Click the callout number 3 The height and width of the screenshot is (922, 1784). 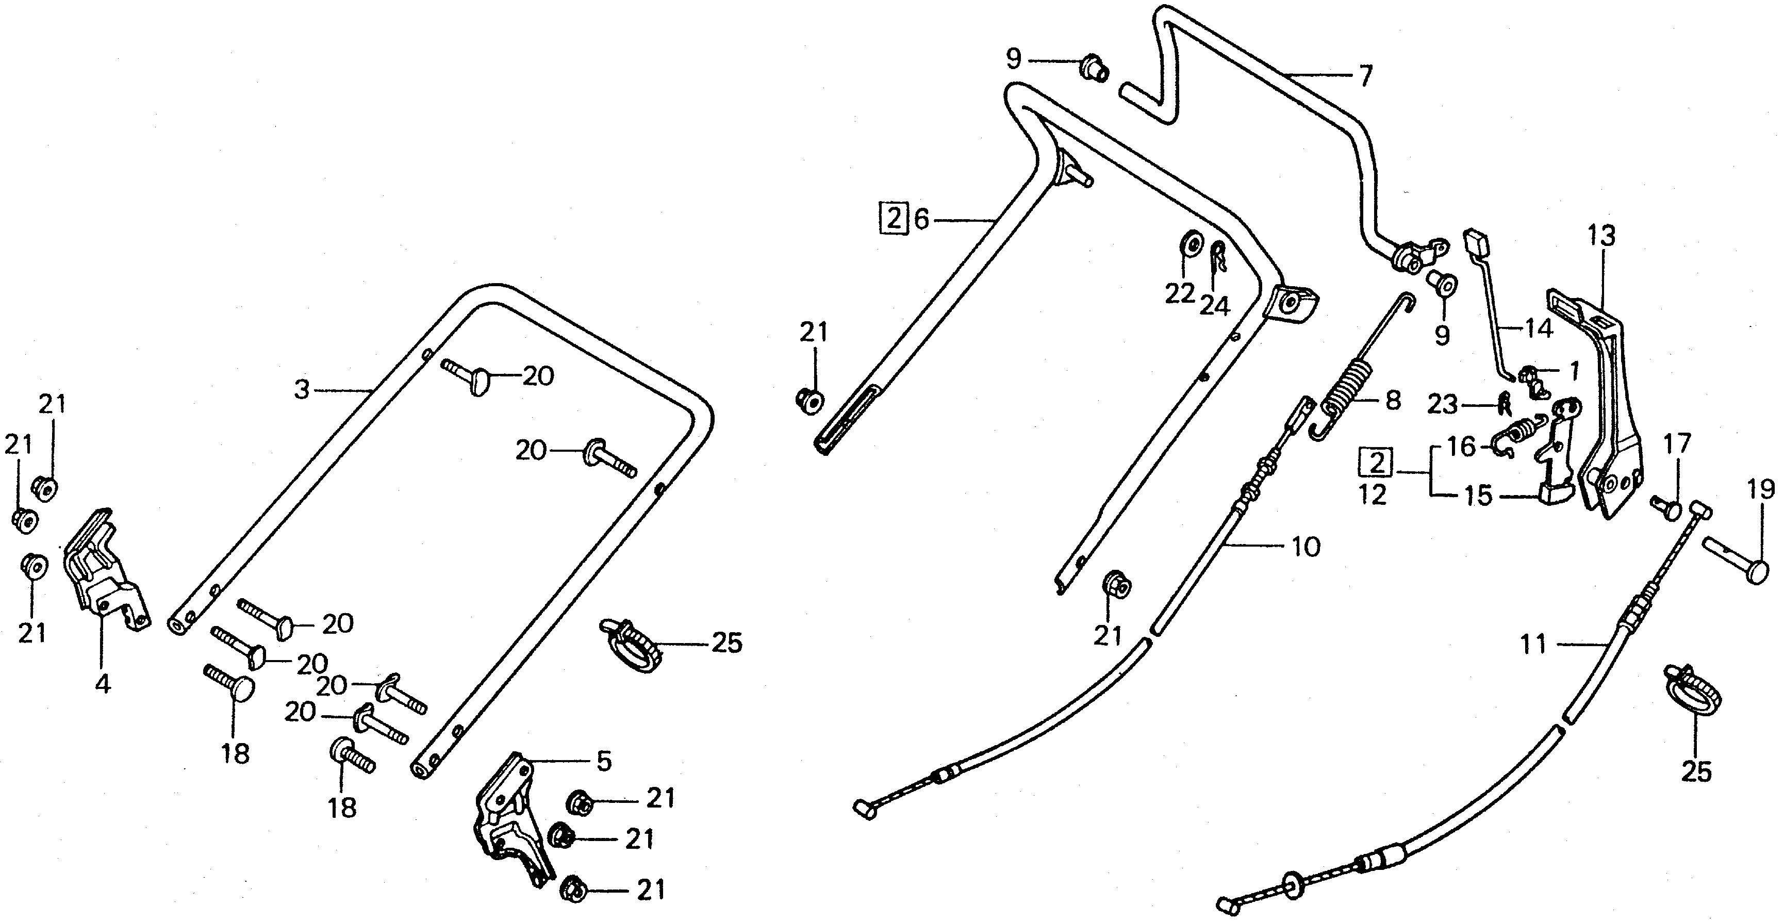301,389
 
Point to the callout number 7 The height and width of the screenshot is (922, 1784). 1364,75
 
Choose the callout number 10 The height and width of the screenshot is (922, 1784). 1306,547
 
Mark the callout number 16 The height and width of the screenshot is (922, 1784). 1462,447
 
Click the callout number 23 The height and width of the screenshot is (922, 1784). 1442,405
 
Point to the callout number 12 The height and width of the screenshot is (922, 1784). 1373,495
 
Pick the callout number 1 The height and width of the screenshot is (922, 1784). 1574,371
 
